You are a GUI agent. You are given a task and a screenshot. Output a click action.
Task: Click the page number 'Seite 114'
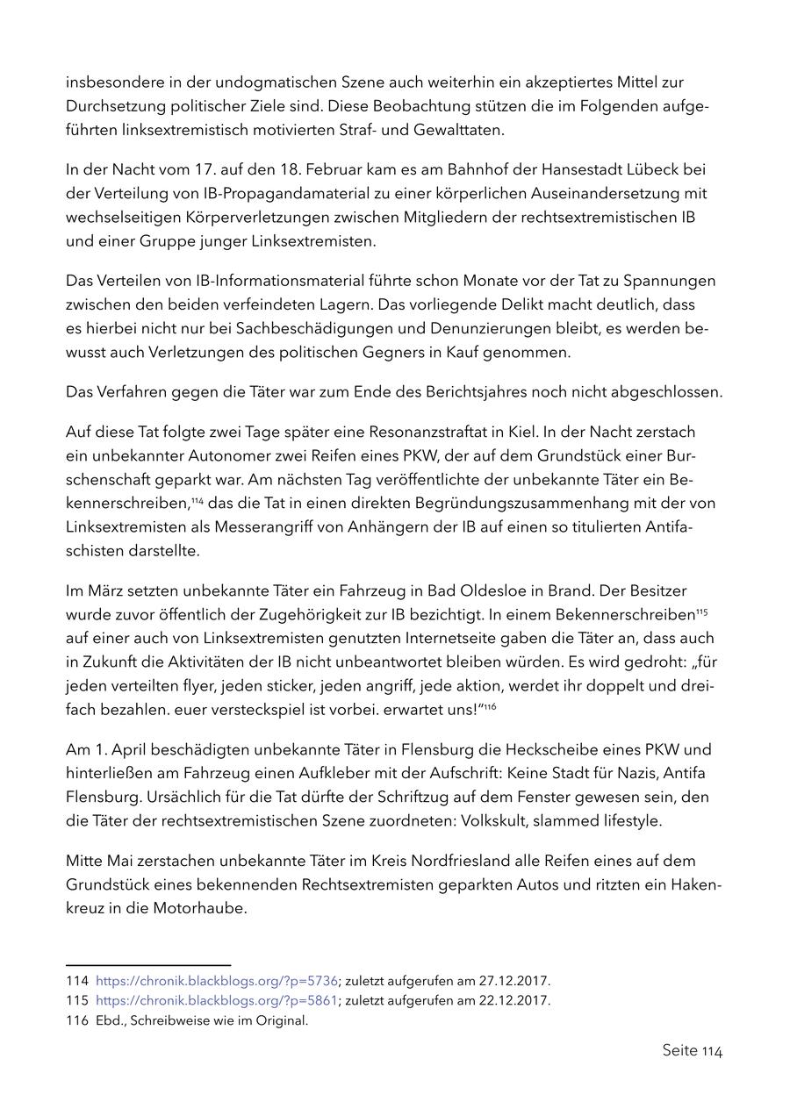click(x=692, y=1050)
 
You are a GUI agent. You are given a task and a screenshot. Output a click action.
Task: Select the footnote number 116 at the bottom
click(x=76, y=1020)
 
